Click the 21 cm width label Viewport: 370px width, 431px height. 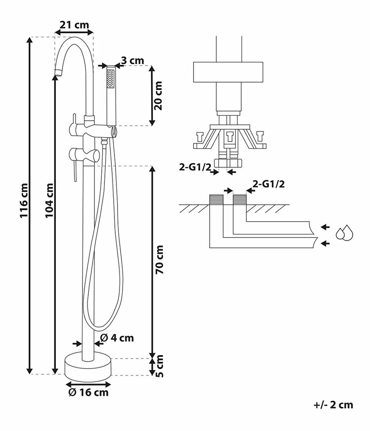point(74,25)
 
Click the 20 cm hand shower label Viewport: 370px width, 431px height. point(158,95)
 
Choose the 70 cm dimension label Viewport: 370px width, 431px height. point(160,259)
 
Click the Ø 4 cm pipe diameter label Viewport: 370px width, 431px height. point(117,338)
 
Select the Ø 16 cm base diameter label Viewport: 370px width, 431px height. point(88,392)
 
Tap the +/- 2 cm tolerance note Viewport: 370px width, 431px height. point(333,405)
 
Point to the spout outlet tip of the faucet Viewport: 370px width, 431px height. point(58,73)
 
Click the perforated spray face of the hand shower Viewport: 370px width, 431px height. point(110,79)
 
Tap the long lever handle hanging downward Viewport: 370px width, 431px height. point(74,171)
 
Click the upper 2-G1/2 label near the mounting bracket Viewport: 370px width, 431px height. point(195,167)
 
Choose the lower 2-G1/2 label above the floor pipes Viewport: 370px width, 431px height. point(269,184)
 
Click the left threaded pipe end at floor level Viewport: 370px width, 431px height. point(216,199)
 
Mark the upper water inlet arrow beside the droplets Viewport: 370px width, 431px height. point(325,227)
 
